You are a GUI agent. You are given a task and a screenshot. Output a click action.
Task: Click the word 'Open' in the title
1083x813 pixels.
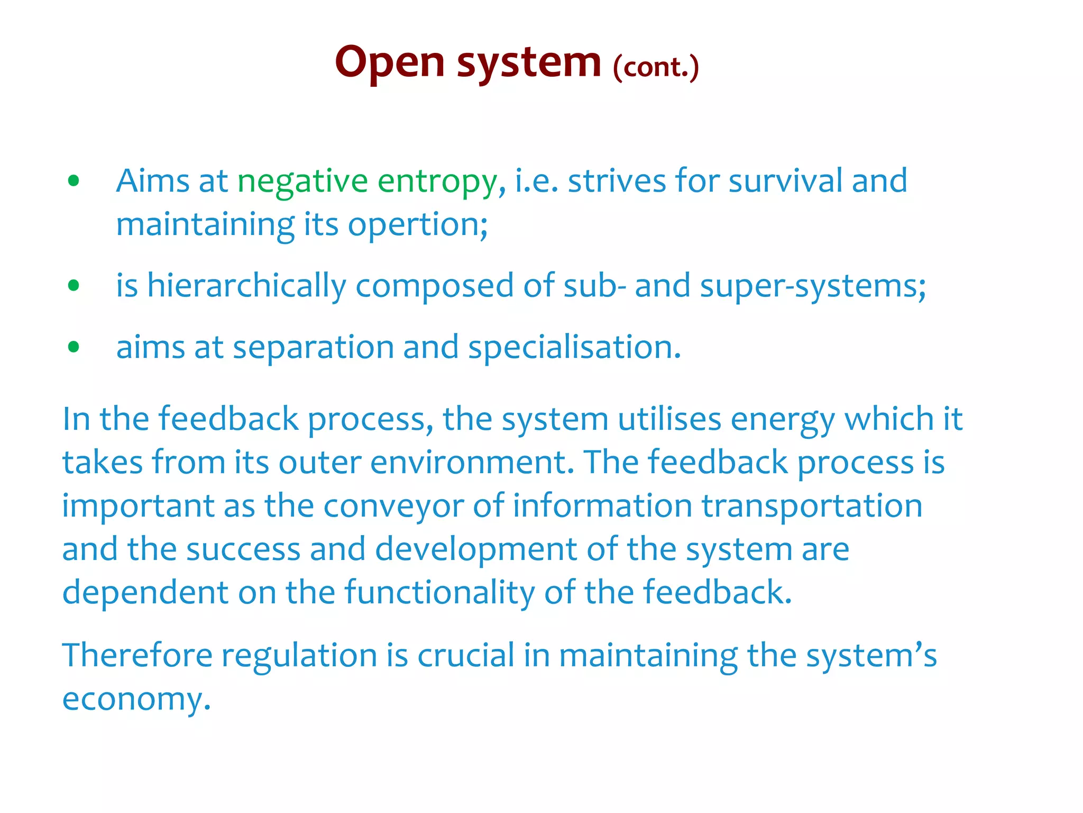tap(390, 63)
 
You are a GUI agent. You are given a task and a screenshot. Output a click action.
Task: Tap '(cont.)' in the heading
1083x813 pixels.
tap(656, 67)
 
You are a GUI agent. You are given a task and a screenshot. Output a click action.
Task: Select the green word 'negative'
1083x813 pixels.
tap(302, 182)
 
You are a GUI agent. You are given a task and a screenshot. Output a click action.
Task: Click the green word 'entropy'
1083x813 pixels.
tap(437, 182)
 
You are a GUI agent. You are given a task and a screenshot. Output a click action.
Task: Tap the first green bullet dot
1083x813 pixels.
tap(74, 181)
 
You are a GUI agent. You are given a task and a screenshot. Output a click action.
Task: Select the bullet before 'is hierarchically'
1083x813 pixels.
tap(74, 286)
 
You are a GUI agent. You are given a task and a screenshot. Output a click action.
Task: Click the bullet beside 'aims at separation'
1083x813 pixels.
tap(74, 347)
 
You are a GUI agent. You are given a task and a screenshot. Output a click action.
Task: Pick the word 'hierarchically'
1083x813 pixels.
tap(246, 286)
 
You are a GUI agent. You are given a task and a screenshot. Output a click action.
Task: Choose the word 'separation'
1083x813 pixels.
tap(313, 348)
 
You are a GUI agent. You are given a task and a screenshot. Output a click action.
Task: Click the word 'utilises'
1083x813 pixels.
tap(669, 419)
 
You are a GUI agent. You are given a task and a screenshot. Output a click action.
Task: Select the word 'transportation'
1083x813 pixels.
tap(812, 506)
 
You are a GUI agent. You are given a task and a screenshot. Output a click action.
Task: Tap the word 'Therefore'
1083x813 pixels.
tap(137, 655)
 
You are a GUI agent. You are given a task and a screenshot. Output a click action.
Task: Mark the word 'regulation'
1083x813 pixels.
tap(299, 656)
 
